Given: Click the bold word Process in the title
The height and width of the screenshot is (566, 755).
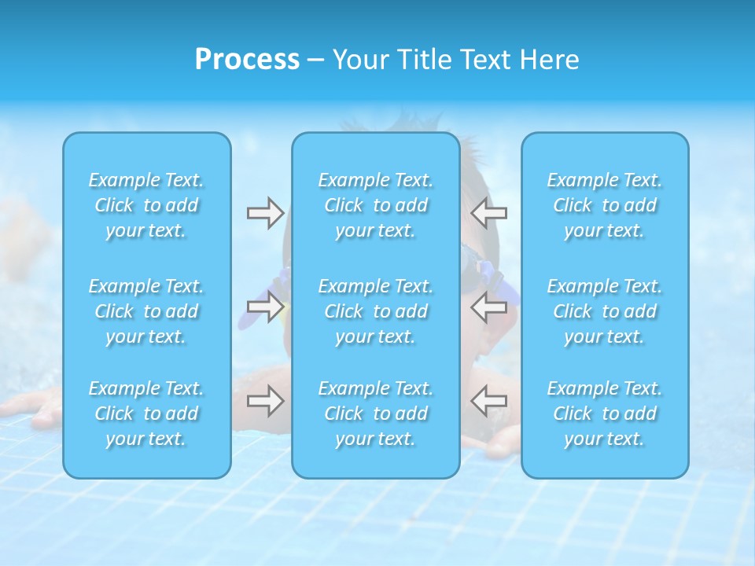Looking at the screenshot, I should point(247,60).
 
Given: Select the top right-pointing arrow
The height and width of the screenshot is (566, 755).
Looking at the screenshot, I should point(265,213).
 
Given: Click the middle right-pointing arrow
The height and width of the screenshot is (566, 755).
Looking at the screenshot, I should point(265,307).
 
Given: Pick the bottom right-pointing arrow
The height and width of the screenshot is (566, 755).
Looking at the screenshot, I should point(265,401).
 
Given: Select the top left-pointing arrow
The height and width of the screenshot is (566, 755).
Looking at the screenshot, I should point(489,213).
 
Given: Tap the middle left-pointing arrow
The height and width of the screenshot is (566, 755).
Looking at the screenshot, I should point(489,307).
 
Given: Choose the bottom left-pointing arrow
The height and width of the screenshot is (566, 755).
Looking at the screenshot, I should point(489,401).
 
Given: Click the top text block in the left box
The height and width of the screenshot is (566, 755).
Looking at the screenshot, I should point(146,205).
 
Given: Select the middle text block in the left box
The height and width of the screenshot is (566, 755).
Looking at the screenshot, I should point(146,311).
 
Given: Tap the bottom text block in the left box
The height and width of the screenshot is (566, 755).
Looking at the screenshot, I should point(146,413).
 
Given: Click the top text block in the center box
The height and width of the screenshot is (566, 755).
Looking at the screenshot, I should point(376,205).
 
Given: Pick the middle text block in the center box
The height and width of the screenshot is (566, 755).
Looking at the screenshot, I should point(376,311).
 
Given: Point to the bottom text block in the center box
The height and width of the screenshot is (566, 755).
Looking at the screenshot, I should point(376,413).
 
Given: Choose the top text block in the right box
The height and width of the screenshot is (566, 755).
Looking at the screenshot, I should point(605,205).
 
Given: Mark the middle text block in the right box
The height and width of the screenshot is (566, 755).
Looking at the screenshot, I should point(605,311).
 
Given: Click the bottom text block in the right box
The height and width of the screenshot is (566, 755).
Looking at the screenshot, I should point(605,413).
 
